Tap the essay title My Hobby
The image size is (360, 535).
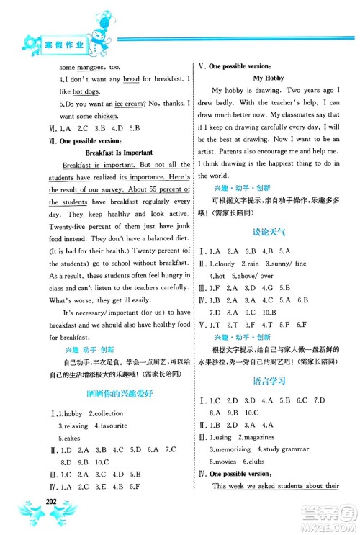pos(266,77)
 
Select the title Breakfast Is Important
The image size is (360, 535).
pos(114,153)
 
